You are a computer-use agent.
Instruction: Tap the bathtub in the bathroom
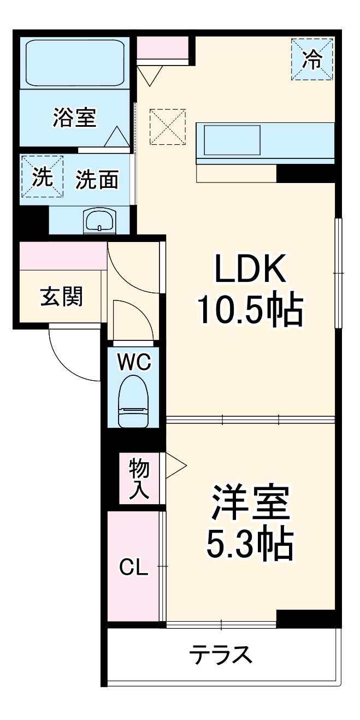coord(74,64)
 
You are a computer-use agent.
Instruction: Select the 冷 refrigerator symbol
coord(312,60)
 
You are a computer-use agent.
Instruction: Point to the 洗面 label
coord(97,180)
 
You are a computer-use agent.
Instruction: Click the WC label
coord(134,361)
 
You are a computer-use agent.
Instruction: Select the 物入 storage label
coord(139,479)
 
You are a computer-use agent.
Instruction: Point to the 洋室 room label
coord(249,503)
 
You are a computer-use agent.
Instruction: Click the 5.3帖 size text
coord(249,544)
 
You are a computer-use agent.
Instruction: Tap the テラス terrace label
coord(221,654)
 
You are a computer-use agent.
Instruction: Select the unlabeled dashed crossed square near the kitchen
coord(168,127)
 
